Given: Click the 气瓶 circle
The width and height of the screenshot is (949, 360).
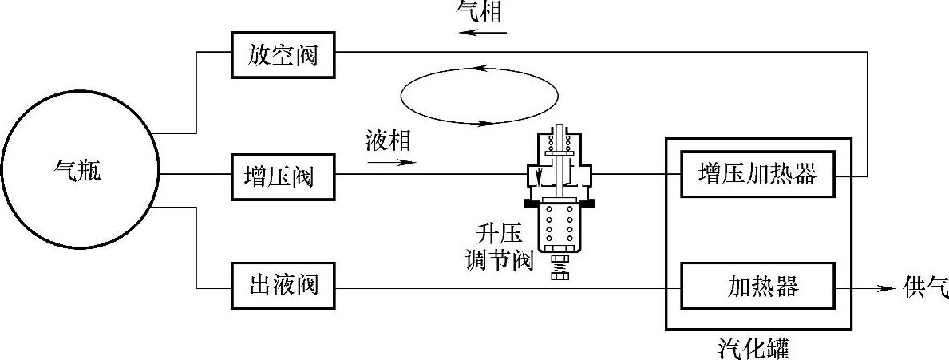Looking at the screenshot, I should [78, 172].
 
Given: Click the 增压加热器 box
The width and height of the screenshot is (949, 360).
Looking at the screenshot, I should [757, 174].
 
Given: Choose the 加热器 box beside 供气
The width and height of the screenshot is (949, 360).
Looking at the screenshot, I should [757, 286].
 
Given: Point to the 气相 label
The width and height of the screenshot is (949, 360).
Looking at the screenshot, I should [480, 11].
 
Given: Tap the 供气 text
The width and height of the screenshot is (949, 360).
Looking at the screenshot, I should [925, 286].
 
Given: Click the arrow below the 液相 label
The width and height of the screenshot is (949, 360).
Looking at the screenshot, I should [392, 162].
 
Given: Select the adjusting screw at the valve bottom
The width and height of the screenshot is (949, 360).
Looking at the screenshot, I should [558, 269].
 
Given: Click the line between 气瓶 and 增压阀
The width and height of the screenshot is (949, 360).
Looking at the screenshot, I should [196, 174].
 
